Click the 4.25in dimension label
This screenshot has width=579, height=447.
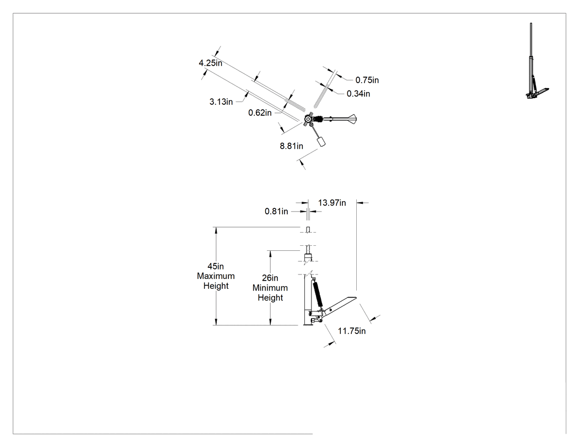coord(211,63)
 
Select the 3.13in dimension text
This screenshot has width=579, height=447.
coord(221,102)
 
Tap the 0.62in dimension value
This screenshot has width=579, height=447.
coord(260,113)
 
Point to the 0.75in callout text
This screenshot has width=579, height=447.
coord(367,80)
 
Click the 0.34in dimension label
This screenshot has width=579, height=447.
coord(358,94)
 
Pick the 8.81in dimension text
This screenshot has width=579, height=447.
coord(291,146)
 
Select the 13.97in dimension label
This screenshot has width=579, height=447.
coord(332,203)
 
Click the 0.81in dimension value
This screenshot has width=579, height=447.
coord(276,212)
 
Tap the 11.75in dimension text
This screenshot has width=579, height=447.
coord(352,331)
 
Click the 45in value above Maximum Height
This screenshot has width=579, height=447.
coord(216,267)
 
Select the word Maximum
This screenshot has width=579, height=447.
coord(216,276)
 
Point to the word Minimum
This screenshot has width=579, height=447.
coord(270,288)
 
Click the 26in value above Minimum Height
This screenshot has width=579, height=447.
coord(270,278)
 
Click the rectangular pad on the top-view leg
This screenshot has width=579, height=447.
coord(321,141)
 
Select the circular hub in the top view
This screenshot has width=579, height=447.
coord(308,119)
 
